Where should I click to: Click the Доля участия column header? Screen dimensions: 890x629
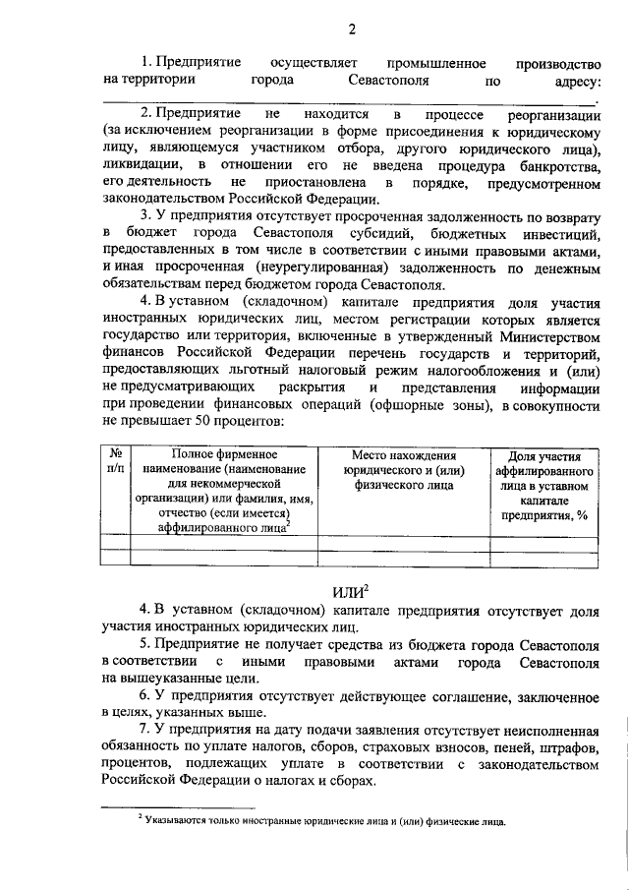(543, 486)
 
